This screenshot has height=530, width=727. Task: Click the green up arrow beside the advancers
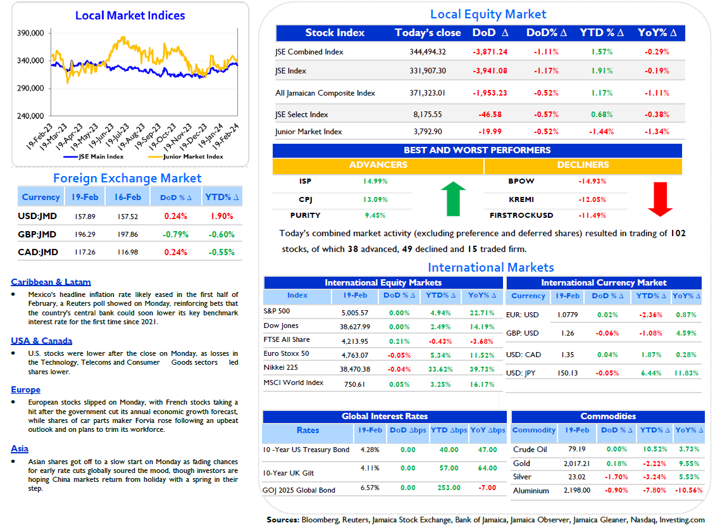point(453,199)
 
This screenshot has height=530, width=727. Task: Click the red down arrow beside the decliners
point(660,199)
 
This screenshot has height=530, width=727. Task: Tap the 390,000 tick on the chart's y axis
point(30,33)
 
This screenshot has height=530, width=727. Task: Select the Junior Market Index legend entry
point(185,157)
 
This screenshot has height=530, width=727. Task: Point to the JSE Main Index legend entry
point(94,157)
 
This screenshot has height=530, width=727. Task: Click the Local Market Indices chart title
point(130,15)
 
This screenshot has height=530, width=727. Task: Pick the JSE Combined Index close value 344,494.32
point(428,52)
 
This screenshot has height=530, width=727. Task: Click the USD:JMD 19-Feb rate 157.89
point(85,217)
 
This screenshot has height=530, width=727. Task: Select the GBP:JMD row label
point(37,234)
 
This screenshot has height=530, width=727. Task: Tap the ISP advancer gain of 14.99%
point(375,182)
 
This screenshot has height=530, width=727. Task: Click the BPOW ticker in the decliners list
point(521,182)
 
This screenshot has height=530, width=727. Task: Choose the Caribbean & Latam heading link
point(51,282)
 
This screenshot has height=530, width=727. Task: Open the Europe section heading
point(26,390)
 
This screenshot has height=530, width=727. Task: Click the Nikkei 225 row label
point(280,367)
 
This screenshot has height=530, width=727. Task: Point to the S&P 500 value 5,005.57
point(355,313)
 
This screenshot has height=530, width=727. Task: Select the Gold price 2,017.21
point(577,464)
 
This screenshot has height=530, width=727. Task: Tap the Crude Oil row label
point(530,449)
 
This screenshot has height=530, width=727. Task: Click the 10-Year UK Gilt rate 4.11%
point(370,469)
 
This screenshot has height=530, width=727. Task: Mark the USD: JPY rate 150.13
point(568,373)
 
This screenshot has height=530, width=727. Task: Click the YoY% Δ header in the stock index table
point(657,32)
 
